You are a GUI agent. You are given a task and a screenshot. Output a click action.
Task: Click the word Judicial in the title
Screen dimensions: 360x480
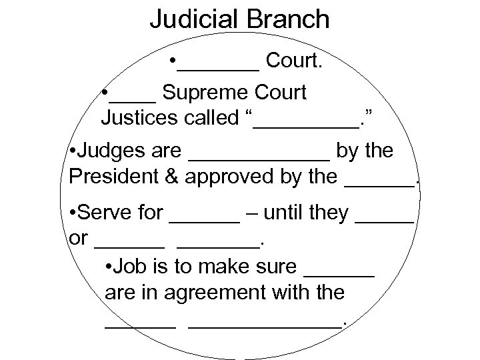coord(193,19)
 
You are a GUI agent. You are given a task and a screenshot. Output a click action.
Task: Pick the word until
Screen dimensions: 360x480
coord(285,213)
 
